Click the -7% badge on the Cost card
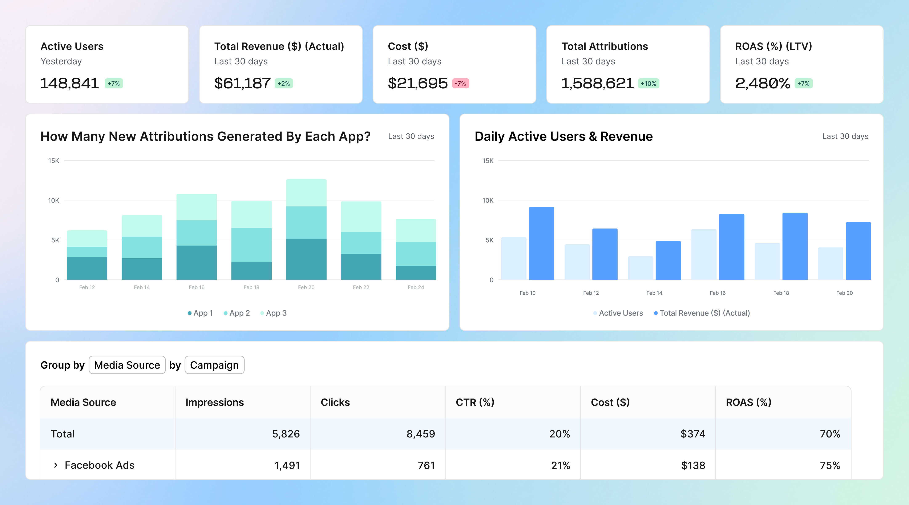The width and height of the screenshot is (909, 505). (x=461, y=84)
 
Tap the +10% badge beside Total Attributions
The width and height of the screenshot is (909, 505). (x=648, y=84)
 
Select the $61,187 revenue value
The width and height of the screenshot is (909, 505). (x=242, y=83)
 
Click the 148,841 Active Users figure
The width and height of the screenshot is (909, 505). (x=69, y=83)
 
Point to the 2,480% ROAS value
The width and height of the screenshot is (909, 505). (x=762, y=83)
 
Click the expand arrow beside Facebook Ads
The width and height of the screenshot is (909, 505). (x=55, y=465)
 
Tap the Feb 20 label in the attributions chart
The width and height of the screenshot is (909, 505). (x=306, y=287)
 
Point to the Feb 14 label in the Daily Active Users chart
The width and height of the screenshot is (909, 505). (x=654, y=293)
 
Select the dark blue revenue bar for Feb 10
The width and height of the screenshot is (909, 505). (x=541, y=243)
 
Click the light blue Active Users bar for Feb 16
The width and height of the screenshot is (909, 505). (x=704, y=254)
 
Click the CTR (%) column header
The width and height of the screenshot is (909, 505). (x=475, y=402)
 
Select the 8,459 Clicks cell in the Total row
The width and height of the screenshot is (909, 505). (x=421, y=434)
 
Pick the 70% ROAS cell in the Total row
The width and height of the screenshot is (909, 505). (x=830, y=434)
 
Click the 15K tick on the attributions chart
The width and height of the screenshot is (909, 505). (x=54, y=161)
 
